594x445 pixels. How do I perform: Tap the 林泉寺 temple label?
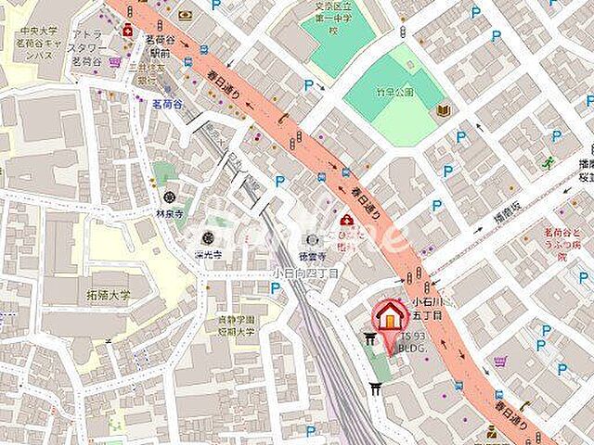pyautogui.click(x=170, y=211)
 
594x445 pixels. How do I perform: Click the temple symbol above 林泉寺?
pyautogui.click(x=170, y=196)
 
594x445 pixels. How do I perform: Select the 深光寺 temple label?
pyautogui.click(x=209, y=252)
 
